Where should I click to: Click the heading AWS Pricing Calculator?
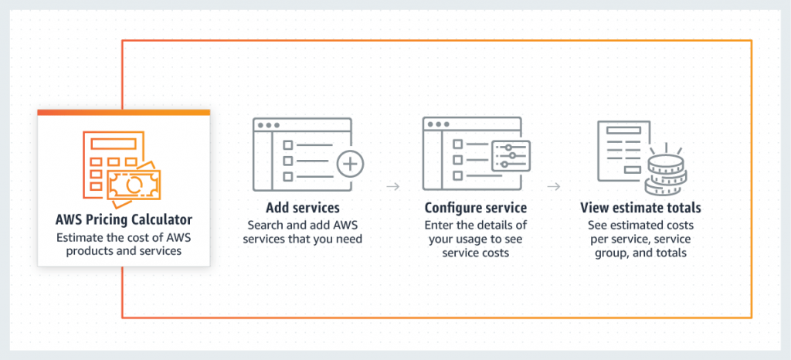click(124, 220)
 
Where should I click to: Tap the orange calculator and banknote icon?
click(121, 169)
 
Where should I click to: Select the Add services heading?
click(303, 208)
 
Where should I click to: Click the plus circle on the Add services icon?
click(350, 165)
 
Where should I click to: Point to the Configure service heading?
click(476, 208)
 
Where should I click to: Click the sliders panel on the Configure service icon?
click(511, 156)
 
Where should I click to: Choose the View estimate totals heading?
click(640, 208)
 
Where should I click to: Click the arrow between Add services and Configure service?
click(393, 186)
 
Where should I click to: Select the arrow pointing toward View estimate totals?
click(554, 186)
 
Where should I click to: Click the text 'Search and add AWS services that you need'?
click(303, 232)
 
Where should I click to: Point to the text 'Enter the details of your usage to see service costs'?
click(475, 239)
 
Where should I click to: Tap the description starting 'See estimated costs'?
click(640, 239)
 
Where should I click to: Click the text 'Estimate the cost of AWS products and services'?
click(124, 244)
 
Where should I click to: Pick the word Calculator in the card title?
click(162, 220)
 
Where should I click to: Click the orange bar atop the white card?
click(124, 113)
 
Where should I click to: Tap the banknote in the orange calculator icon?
click(134, 185)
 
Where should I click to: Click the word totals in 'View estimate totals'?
click(683, 208)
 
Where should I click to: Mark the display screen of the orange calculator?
click(114, 143)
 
